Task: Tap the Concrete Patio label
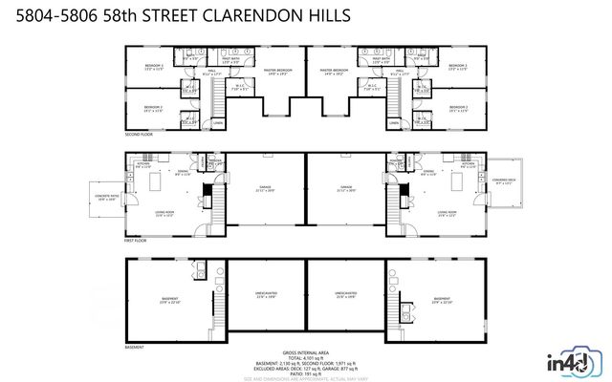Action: coord(104,198)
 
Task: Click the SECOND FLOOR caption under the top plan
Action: coord(139,135)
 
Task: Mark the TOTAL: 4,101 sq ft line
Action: coord(306,358)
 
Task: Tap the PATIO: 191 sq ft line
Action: coord(306,374)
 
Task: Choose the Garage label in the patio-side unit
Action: coord(265,188)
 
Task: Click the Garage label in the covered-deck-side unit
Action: coord(346,188)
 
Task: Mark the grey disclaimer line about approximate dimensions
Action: coord(306,379)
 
